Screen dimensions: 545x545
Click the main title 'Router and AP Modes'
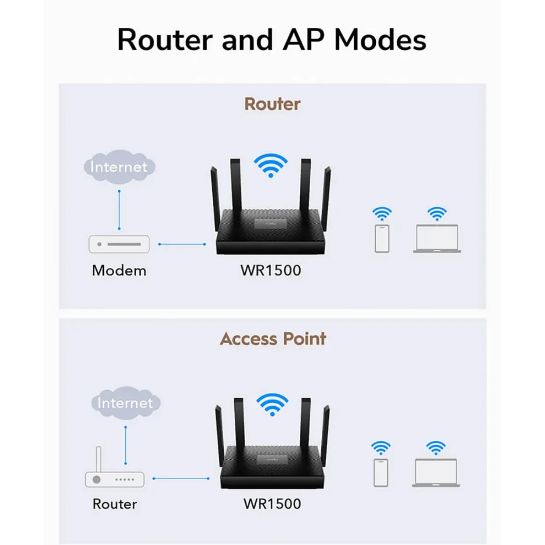click(x=272, y=40)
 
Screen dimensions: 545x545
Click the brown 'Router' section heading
click(x=272, y=104)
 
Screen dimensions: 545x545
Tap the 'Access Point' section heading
click(x=272, y=338)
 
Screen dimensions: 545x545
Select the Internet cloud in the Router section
click(x=120, y=167)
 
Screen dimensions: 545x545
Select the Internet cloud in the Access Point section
click(x=126, y=403)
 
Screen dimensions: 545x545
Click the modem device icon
click(x=119, y=244)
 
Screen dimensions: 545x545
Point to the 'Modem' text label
click(x=119, y=271)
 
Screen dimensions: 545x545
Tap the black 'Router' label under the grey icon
click(x=115, y=504)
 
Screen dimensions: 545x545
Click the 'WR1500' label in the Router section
click(x=271, y=270)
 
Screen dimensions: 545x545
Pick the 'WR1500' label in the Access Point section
click(x=272, y=504)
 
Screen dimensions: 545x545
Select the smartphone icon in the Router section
click(x=382, y=238)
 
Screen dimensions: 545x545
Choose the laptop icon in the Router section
click(x=437, y=238)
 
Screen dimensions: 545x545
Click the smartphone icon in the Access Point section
click(x=381, y=472)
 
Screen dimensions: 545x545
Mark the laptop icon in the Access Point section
click(x=436, y=472)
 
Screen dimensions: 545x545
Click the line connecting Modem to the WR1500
click(x=182, y=244)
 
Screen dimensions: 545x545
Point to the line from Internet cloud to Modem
click(x=119, y=210)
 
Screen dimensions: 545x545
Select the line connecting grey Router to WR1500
click(x=181, y=479)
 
